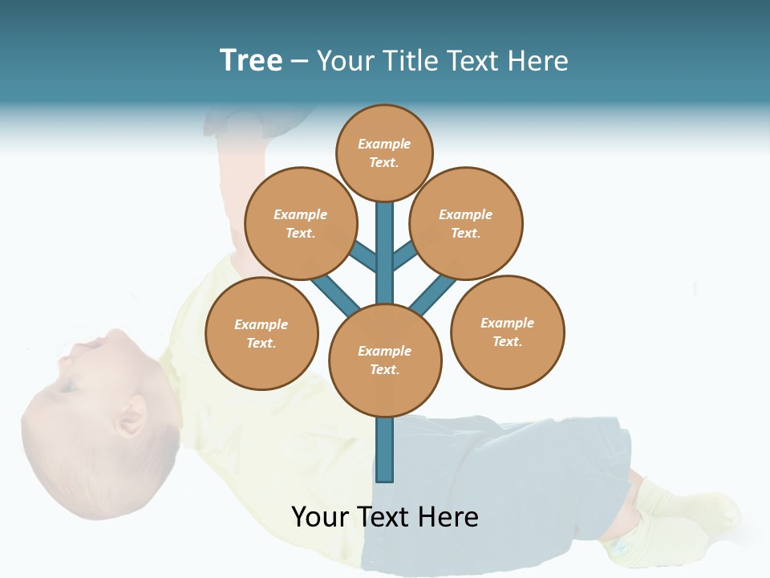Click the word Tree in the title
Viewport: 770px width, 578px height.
251,60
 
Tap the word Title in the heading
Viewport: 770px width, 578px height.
408,60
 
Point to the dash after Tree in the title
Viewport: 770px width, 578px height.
300,62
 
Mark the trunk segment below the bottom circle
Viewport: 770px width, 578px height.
385,450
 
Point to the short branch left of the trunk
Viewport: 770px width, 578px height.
363,256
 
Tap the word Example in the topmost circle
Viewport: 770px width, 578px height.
384,144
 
